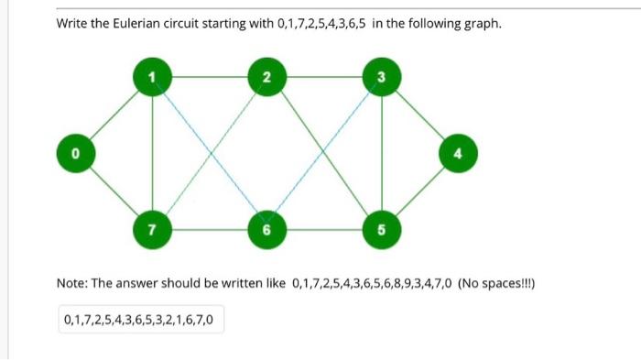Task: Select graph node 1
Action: point(153,77)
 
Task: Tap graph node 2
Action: point(266,77)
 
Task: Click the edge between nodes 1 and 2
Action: point(210,77)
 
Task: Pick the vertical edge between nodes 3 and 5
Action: point(380,151)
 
